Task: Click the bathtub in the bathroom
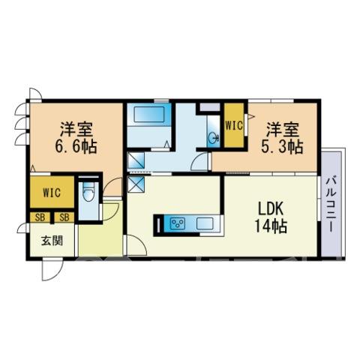click(149, 115)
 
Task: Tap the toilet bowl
click(88, 192)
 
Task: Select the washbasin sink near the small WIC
click(213, 137)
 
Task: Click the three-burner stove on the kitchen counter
click(178, 223)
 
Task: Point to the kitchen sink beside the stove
click(205, 223)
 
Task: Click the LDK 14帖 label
click(271, 217)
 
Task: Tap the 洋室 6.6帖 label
click(76, 137)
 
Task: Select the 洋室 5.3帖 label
click(282, 137)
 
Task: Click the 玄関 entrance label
click(52, 241)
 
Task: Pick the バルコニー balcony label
click(331, 205)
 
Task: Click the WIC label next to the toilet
click(52, 192)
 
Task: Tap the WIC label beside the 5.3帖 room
click(234, 125)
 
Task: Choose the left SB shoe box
click(40, 217)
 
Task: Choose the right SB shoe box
click(64, 217)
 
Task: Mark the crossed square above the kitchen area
click(136, 184)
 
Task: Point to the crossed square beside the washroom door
click(136, 160)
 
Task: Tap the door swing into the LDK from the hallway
click(136, 245)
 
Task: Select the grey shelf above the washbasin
click(210, 107)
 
